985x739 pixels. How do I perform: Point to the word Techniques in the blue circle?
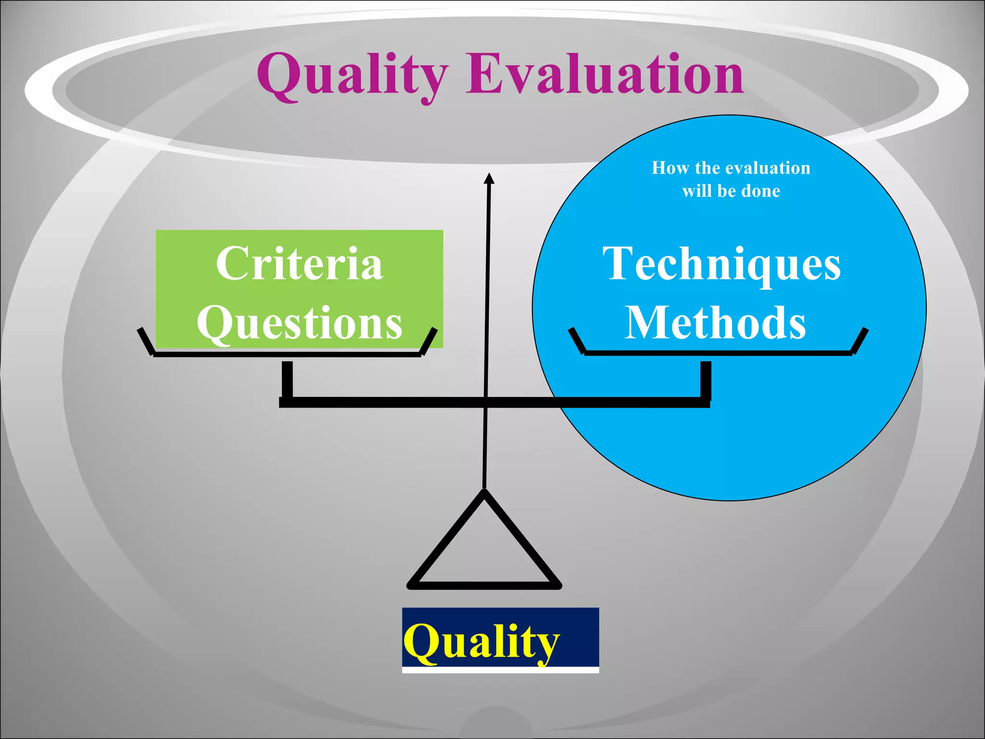(721, 265)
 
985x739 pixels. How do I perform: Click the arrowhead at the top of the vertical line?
(489, 178)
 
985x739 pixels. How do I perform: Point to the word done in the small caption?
(761, 191)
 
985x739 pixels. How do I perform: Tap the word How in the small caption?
(670, 168)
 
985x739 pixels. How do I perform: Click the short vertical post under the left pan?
(287, 380)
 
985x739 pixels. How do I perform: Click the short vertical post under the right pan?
(706, 380)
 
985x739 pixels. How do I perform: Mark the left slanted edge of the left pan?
(145, 341)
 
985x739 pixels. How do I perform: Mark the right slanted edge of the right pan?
(860, 341)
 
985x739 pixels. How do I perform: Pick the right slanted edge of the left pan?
(429, 341)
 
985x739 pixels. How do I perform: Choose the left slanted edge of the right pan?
(576, 341)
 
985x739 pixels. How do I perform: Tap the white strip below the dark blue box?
(500, 670)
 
